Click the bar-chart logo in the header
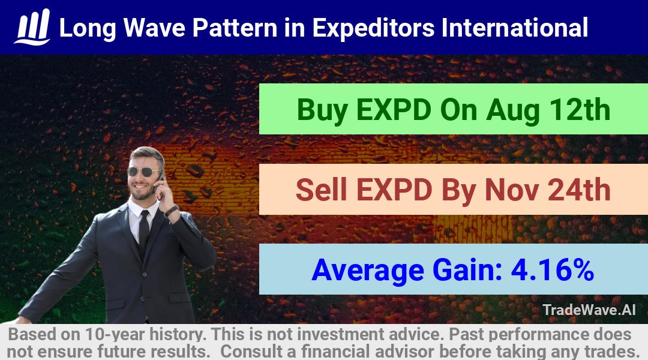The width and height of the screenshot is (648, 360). pos(32,27)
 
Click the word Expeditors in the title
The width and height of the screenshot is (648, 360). pos(373,28)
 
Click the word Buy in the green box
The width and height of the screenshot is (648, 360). pos(322,110)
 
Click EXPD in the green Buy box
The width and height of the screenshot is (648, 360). pos(394,110)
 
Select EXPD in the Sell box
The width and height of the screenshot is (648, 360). pos(394,190)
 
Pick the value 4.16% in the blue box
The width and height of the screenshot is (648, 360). pos(553,270)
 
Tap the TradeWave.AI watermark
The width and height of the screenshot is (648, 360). pos(589,310)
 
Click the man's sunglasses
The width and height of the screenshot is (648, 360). pos(145,172)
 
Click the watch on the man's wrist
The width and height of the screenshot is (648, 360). pos(170,211)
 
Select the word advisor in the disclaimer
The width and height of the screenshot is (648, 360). pos(404,352)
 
